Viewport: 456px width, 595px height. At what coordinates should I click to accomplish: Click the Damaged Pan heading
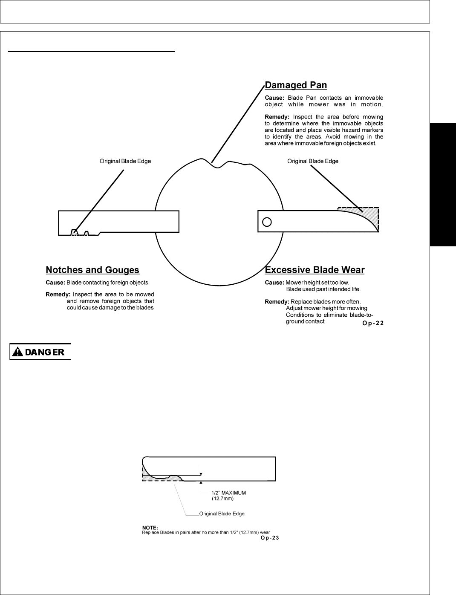pos(296,85)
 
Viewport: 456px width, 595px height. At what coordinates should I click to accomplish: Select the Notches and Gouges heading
pos(92,270)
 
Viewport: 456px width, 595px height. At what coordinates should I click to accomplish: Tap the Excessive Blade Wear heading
pos(315,270)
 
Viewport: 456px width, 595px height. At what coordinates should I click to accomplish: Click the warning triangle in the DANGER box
pos(17,352)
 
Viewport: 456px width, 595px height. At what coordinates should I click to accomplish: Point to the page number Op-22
pos(373,323)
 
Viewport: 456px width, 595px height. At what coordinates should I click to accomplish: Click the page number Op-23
pos(270,538)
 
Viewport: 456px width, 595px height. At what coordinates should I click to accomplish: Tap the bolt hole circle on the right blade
pos(267,222)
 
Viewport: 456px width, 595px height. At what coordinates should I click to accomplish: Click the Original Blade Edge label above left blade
pos(125,161)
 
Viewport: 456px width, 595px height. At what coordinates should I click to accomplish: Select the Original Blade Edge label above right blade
pos(312,161)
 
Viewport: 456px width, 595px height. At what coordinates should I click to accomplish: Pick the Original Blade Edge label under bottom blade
pos(222,514)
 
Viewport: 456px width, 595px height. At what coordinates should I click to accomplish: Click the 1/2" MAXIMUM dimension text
pos(228,493)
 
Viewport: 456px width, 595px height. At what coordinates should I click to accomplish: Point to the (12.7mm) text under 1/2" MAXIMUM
pos(222,498)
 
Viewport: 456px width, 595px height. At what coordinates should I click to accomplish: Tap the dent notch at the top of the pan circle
pos(218,166)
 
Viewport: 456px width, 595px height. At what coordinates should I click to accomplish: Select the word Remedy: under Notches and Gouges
pos(58,295)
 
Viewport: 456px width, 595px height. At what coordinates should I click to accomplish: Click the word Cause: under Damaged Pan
pos(274,98)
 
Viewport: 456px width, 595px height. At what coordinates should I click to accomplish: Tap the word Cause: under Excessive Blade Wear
pos(274,283)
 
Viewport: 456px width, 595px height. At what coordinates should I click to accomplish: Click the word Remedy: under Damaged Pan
pos(277,117)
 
